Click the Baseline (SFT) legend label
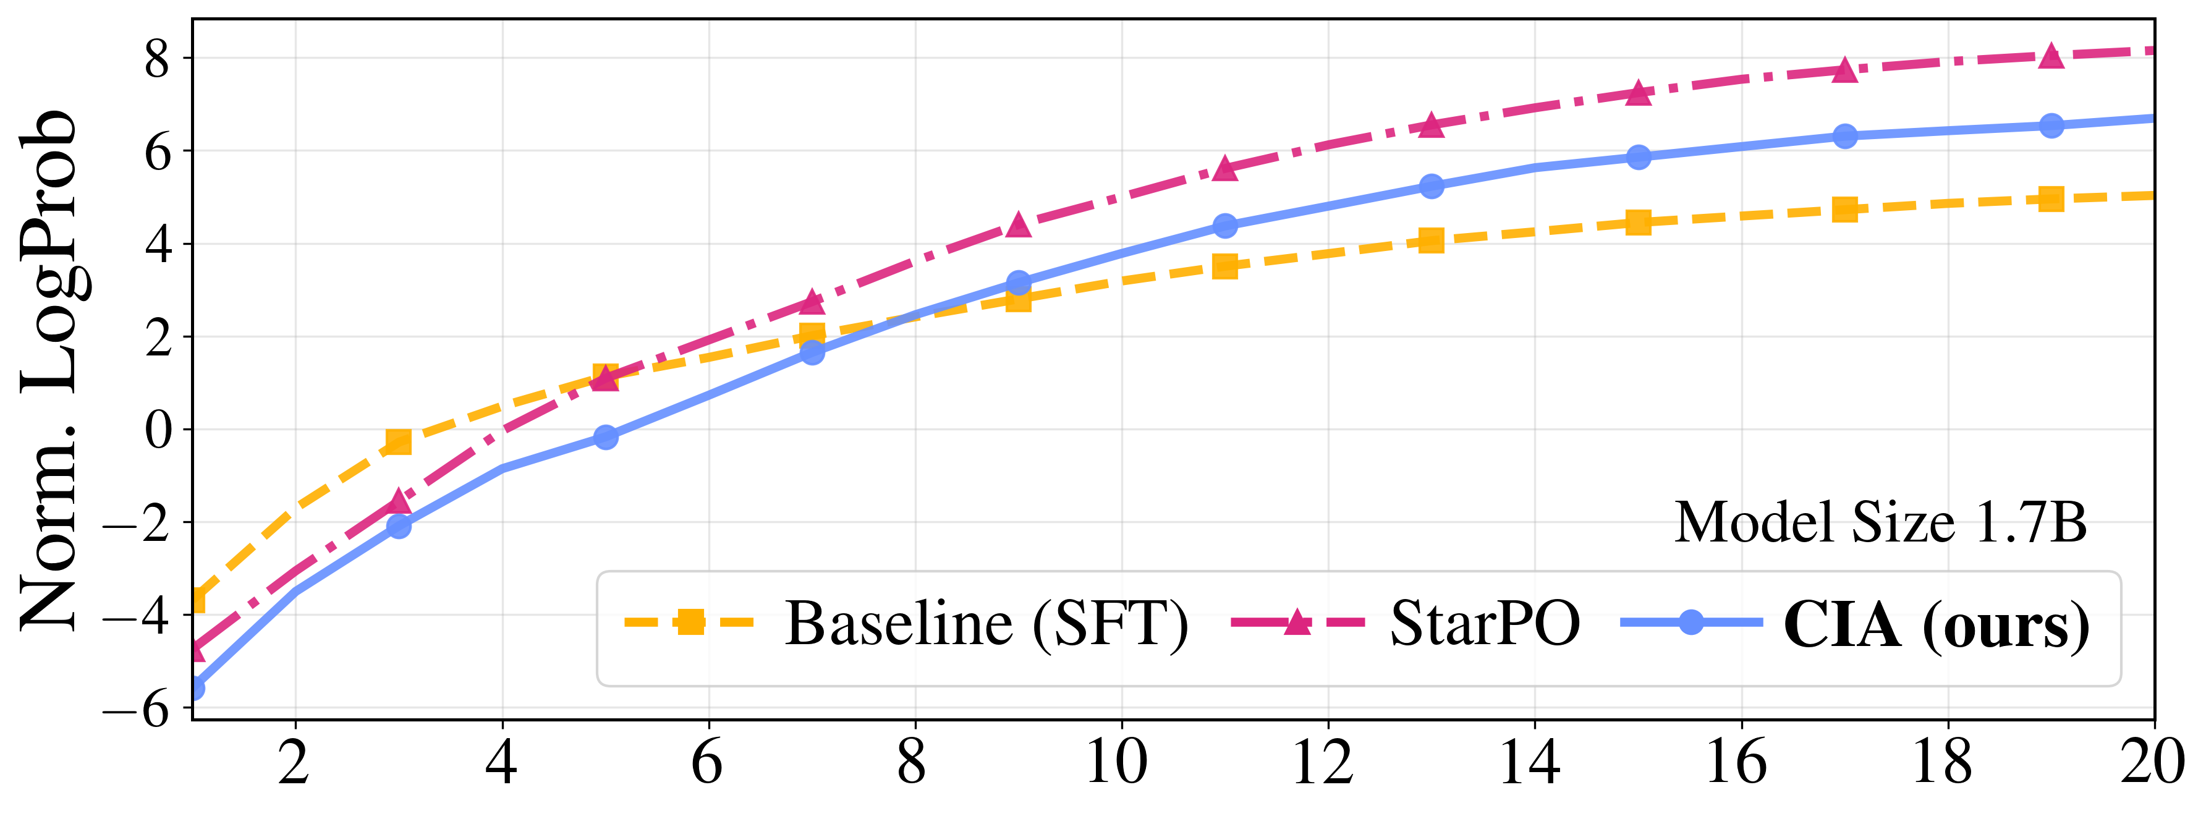pyautogui.click(x=986, y=624)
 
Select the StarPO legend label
pyautogui.click(x=1484, y=624)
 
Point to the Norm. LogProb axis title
pyautogui.click(x=49, y=370)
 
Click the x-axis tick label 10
pyautogui.click(x=1117, y=762)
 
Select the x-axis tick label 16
pyautogui.click(x=1737, y=762)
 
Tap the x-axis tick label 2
pyautogui.click(x=294, y=762)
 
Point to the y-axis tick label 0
pyautogui.click(x=158, y=430)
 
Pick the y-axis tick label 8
pyautogui.click(x=158, y=60)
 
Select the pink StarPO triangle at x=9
pyautogui.click(x=1018, y=225)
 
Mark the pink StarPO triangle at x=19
pyautogui.click(x=2051, y=56)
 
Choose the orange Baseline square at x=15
pyautogui.click(x=1638, y=223)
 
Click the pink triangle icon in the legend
pyautogui.click(x=1298, y=623)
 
